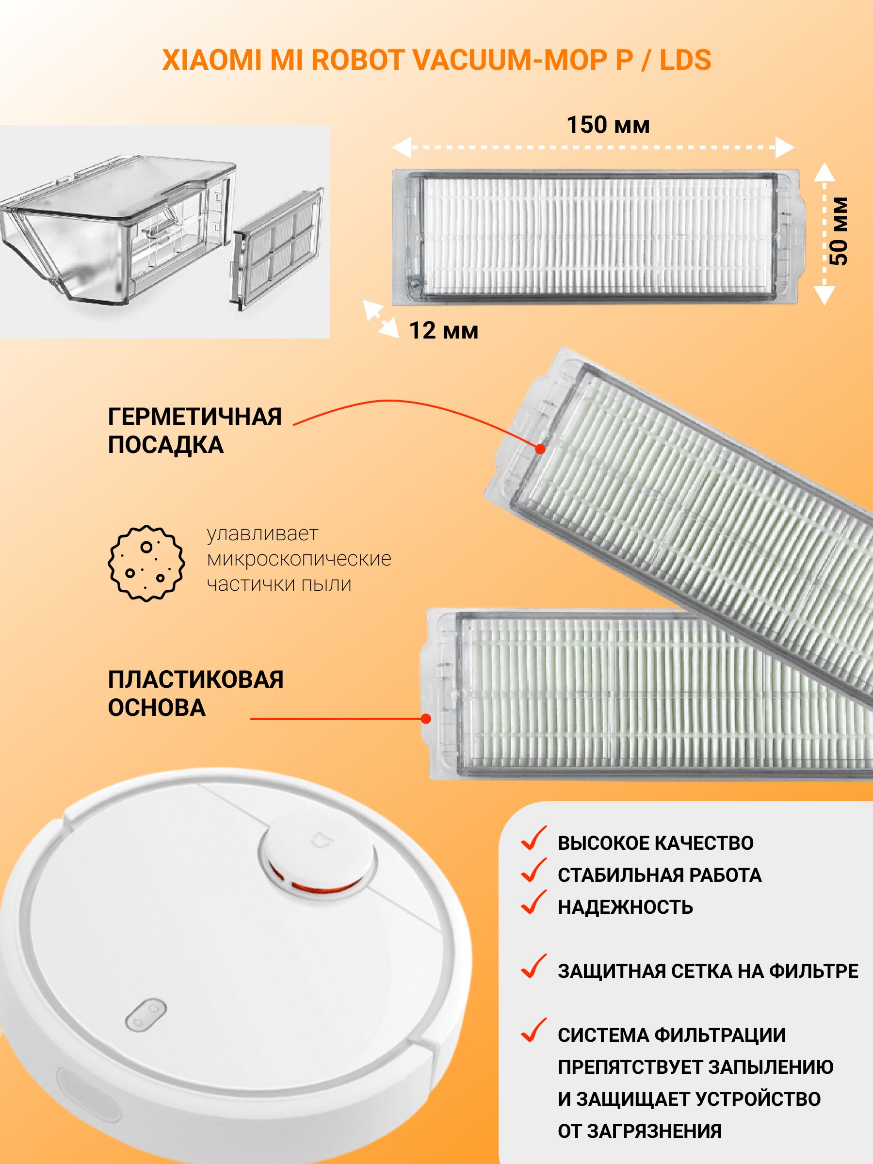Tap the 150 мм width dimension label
coord(608,125)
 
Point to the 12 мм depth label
coord(444,331)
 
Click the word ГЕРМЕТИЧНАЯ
coord(194,417)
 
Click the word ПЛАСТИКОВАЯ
coord(196,679)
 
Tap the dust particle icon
coord(146,563)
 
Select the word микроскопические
coord(299,559)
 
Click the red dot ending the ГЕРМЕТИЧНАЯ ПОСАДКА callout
coord(540,449)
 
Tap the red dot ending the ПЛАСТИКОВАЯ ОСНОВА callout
coord(426,718)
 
